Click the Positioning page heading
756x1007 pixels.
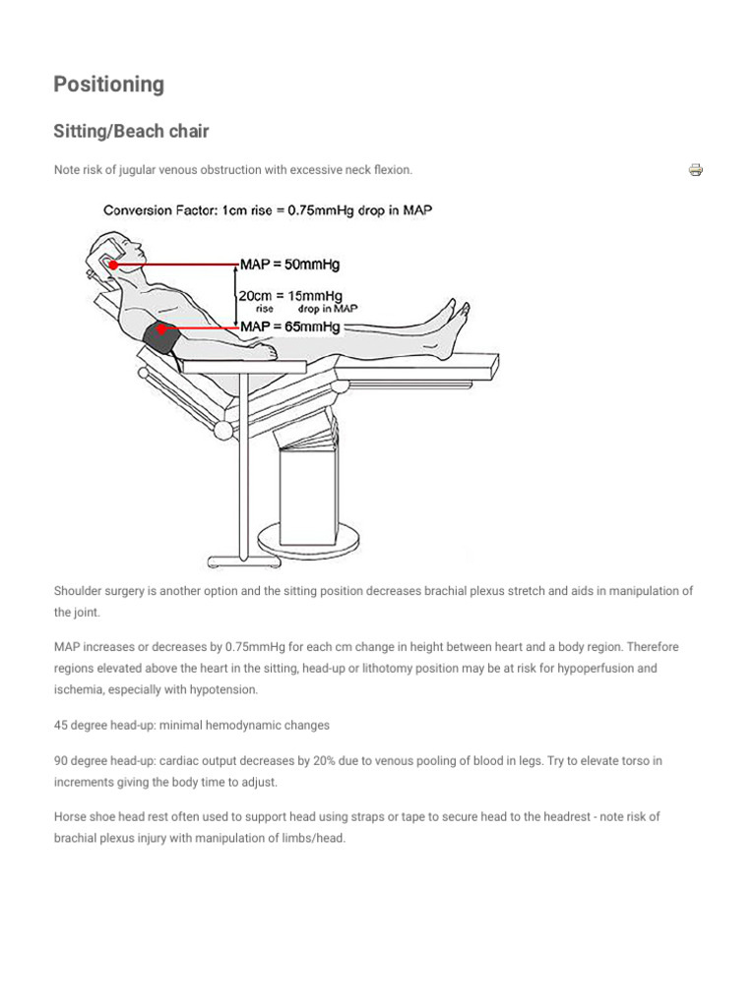[108, 85]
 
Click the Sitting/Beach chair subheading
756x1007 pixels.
[131, 132]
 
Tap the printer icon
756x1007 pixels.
[696, 170]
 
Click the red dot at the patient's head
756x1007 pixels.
[114, 265]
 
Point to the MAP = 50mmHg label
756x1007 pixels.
[290, 265]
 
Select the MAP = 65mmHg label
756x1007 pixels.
[290, 326]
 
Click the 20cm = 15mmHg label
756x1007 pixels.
[290, 295]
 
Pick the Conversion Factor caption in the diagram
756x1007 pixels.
[268, 209]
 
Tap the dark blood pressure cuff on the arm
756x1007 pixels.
[163, 338]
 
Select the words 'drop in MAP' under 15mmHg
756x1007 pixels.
[327, 309]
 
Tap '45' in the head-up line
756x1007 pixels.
[61, 725]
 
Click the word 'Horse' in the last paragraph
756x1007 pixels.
[70, 817]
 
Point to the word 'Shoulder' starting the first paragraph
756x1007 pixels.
[78, 591]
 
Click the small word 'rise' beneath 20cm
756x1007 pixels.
[265, 309]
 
